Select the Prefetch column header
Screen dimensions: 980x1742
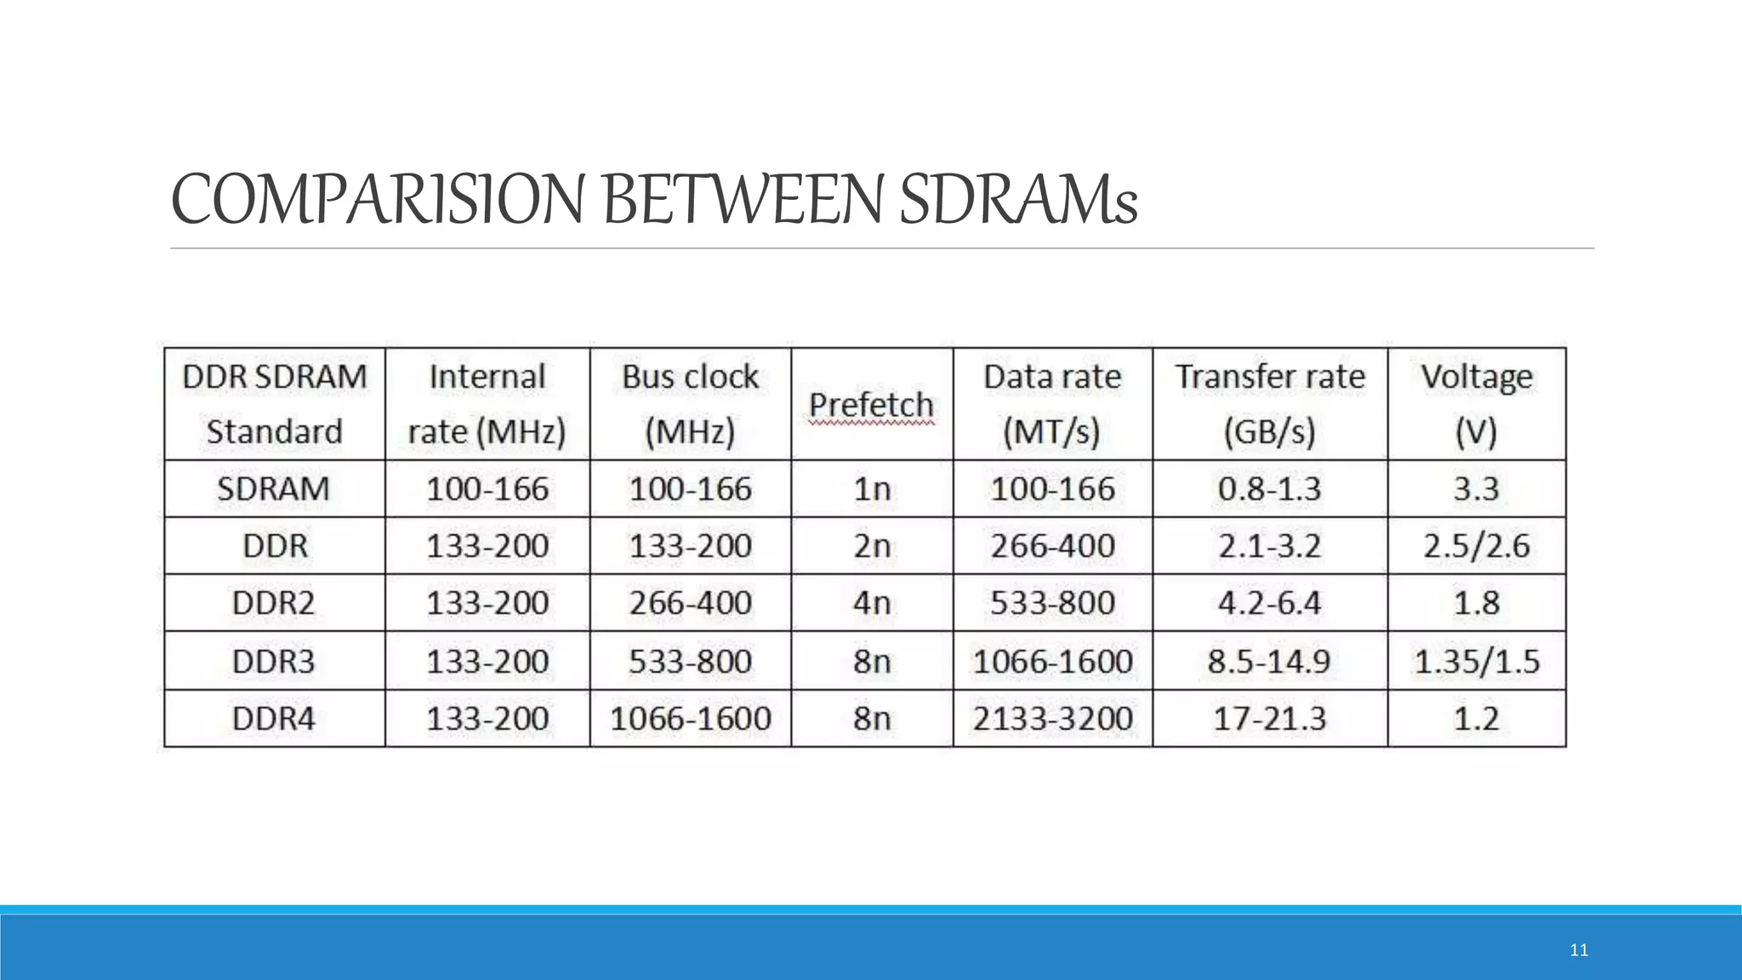[871, 405]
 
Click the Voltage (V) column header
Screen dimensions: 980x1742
[1476, 404]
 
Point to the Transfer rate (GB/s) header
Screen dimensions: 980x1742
[1269, 404]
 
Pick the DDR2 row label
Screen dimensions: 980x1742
[273, 603]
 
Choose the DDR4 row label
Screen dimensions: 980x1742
[273, 719]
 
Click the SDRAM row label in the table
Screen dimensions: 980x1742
[273, 489]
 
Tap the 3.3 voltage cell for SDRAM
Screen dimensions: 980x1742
[1476, 489]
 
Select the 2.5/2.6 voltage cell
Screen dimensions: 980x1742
[1476, 546]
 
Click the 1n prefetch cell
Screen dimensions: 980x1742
[872, 489]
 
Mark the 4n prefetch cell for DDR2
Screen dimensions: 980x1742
[872, 603]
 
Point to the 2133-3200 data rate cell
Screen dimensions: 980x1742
[1052, 719]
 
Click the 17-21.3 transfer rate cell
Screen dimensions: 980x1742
[1269, 719]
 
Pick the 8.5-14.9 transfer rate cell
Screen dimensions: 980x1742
[1269, 661]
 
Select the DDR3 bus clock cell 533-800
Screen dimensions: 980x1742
[690, 661]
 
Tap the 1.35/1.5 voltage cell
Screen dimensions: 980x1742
[1476, 661]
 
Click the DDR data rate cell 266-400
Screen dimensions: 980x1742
[1052, 546]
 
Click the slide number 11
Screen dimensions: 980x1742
[1579, 950]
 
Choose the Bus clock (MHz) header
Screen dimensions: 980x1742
[690, 404]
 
